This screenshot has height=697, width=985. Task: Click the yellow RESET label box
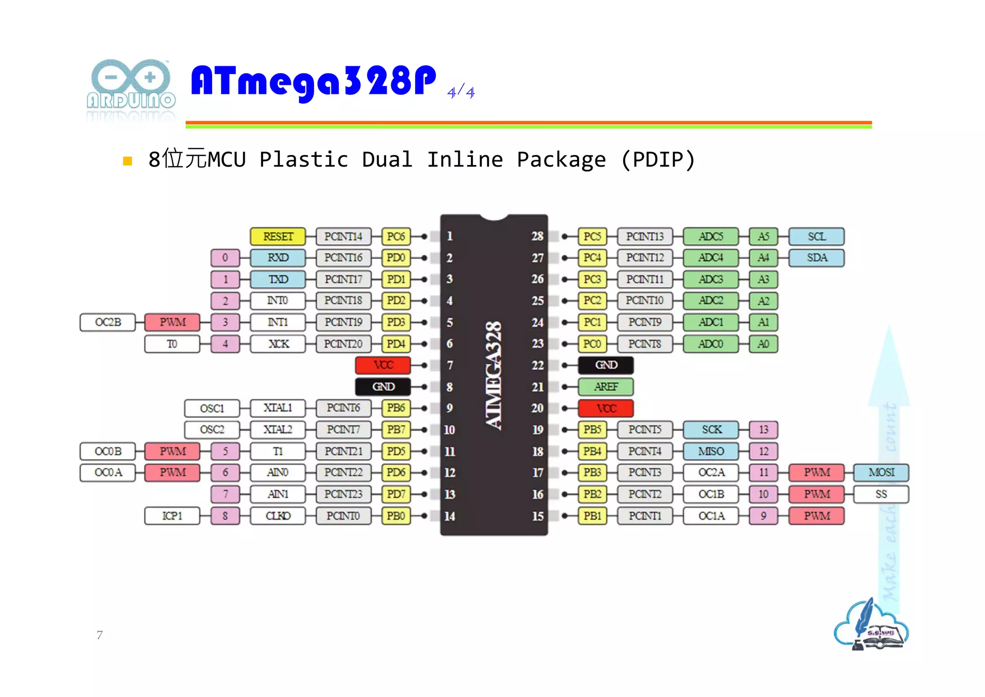tap(278, 236)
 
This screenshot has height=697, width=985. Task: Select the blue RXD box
tap(278, 258)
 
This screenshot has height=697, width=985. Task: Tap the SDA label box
tap(817, 258)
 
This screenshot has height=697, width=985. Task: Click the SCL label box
tap(817, 236)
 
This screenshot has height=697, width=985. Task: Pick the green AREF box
tap(606, 387)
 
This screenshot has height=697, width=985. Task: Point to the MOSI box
tap(881, 472)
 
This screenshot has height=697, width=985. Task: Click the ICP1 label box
tap(172, 516)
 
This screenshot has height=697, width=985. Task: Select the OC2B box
tap(108, 322)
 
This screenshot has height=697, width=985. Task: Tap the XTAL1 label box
tap(278, 408)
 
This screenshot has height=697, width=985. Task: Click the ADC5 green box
tap(710, 236)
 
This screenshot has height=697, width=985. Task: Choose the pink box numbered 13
tap(763, 429)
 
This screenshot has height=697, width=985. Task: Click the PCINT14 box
tap(343, 236)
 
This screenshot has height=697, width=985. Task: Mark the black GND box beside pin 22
tap(606, 365)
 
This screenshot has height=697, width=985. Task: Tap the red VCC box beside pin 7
tap(383, 365)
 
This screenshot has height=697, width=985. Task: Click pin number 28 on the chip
tap(537, 236)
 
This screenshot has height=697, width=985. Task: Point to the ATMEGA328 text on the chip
tap(493, 375)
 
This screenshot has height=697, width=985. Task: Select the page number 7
tap(100, 635)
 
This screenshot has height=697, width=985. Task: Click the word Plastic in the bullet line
tap(304, 160)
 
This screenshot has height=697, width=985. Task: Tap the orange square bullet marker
tap(127, 161)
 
